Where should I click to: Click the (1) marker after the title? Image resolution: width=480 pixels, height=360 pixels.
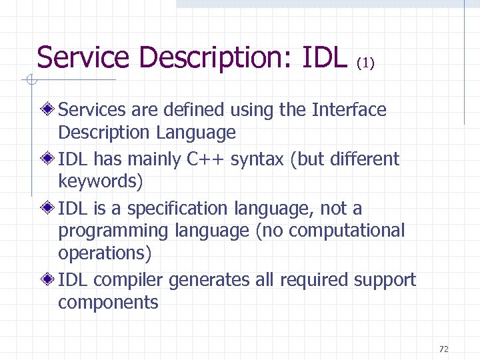(366, 64)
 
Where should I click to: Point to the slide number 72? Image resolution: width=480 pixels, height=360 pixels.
(444, 349)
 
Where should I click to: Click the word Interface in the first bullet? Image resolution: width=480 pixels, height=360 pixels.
(349, 109)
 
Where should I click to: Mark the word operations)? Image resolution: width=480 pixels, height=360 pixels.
(105, 253)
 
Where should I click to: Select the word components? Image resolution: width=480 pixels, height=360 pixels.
(108, 303)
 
